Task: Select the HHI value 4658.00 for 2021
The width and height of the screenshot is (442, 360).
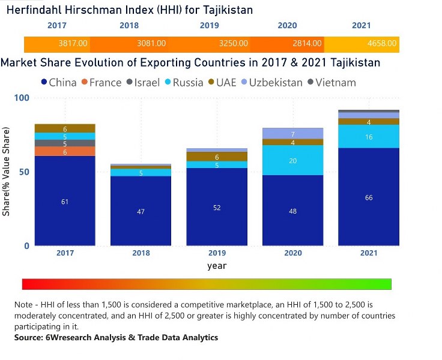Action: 382,44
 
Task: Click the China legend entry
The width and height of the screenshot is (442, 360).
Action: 58,82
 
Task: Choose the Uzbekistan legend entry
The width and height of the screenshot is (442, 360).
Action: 270,82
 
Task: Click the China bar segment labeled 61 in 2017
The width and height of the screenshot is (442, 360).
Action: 65,201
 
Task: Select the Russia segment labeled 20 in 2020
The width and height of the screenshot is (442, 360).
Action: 293,160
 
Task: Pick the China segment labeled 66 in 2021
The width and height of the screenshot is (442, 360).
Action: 369,197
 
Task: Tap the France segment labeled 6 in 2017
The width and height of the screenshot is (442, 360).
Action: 65,152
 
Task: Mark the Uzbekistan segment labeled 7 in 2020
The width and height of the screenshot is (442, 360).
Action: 293,134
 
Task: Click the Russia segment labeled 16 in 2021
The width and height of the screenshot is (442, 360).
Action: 369,137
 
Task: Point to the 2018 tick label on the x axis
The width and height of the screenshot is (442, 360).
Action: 141,254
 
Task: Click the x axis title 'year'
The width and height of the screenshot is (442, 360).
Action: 217,265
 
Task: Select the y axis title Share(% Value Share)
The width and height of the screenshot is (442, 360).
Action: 7,172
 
